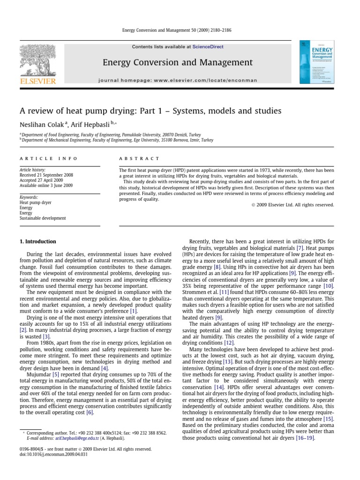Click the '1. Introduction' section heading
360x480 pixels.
[37, 242]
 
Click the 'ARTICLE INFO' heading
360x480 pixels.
[48, 158]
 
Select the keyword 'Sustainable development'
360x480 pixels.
[43, 218]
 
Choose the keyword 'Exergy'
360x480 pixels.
[26, 212]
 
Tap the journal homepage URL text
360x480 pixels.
[178, 80]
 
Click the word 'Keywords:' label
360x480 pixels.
[29, 197]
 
